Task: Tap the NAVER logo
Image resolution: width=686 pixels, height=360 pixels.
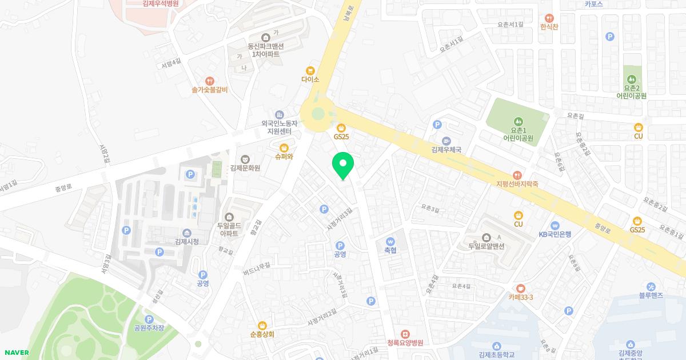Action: point(16,353)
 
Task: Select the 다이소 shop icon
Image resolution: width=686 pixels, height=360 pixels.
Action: point(310,70)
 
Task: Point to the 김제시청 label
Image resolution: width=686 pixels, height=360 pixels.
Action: point(187,242)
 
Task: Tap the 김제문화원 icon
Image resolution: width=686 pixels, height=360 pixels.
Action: point(245,158)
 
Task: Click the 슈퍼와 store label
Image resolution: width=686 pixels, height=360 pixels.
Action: point(284,157)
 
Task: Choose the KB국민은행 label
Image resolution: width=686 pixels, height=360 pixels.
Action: point(555,234)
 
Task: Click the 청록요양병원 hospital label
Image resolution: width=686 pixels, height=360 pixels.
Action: point(405,343)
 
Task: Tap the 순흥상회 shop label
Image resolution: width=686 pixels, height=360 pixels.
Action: point(262,334)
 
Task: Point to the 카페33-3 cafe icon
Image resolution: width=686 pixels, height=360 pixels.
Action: point(521,288)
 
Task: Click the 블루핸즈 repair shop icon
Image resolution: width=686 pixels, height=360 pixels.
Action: point(651,286)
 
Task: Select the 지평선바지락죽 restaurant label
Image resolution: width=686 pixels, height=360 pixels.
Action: point(517,185)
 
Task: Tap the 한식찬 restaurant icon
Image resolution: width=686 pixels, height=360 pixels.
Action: point(549,18)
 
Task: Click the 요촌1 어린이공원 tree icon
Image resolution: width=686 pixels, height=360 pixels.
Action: point(518,121)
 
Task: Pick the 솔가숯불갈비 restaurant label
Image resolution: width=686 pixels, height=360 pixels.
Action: point(210,90)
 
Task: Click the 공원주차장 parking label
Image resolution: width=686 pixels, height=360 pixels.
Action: point(149,328)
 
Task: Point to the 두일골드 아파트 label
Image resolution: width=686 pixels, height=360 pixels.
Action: point(229,230)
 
